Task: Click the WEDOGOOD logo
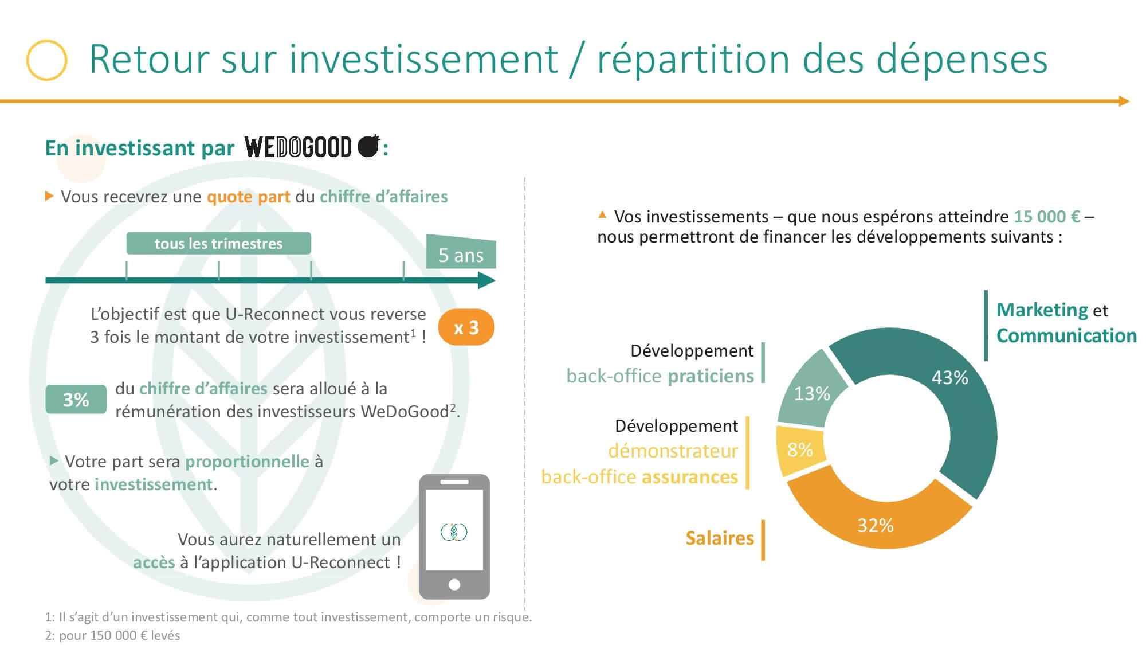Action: pyautogui.click(x=312, y=147)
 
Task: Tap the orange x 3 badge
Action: pyautogui.click(x=466, y=327)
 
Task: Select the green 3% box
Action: pyautogui.click(x=76, y=399)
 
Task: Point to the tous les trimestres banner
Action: pyautogui.click(x=218, y=243)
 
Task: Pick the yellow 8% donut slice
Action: pyautogui.click(x=799, y=449)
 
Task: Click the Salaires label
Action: pyautogui.click(x=720, y=538)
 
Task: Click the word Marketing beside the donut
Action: pyautogui.click(x=1042, y=310)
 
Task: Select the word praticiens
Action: pyautogui.click(x=711, y=376)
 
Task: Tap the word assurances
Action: pyautogui.click(x=690, y=476)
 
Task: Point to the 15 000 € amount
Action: pyautogui.click(x=1047, y=216)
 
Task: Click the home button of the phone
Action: pyautogui.click(x=454, y=585)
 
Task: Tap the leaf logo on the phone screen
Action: pyautogui.click(x=454, y=531)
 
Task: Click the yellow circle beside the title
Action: pyautogui.click(x=47, y=60)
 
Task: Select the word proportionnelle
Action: pyautogui.click(x=247, y=461)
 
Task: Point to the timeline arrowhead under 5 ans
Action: pyautogui.click(x=486, y=280)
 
